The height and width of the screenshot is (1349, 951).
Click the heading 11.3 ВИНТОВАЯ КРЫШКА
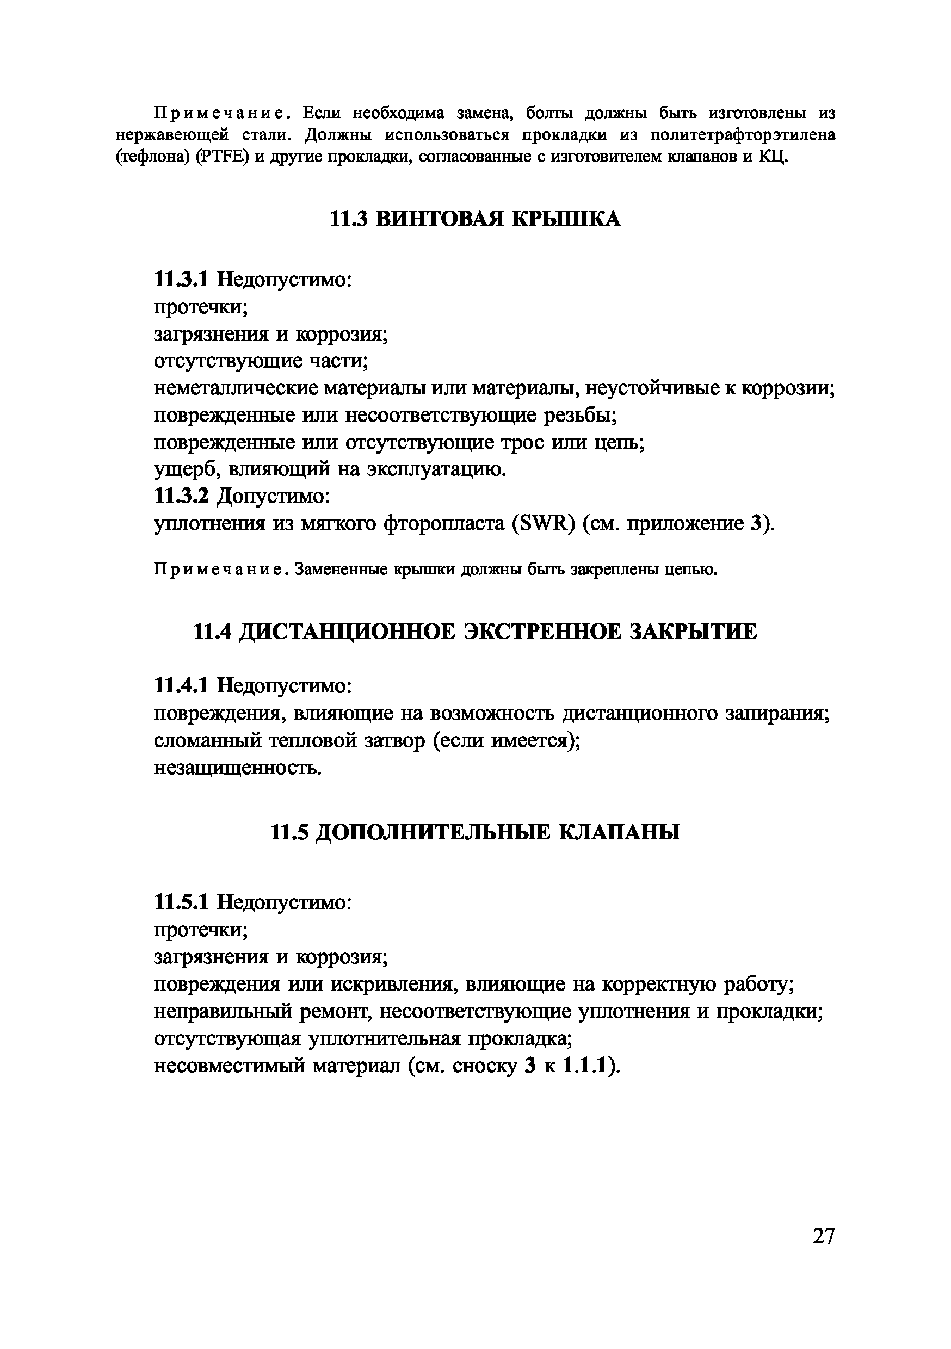tap(475, 219)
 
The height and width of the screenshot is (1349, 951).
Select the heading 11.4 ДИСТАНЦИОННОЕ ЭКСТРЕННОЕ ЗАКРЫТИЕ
tap(475, 632)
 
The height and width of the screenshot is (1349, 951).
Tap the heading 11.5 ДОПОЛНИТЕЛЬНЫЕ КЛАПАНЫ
tap(475, 832)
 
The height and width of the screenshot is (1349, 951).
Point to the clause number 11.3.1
tap(181, 279)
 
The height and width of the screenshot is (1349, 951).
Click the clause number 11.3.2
tap(181, 497)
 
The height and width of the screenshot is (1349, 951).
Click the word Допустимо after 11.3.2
tap(274, 497)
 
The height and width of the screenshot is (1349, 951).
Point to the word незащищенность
tap(237, 768)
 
